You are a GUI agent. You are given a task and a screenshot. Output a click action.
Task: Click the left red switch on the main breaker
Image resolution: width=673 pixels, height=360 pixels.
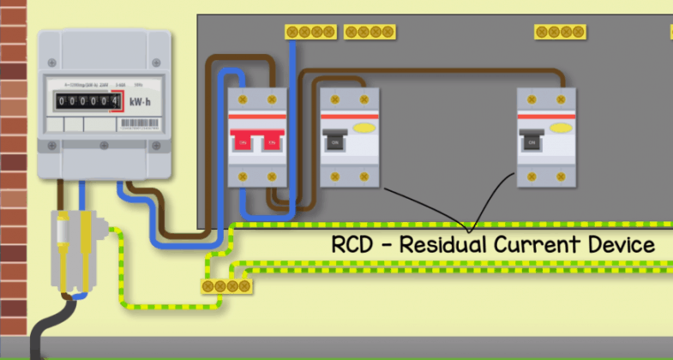[x=242, y=141]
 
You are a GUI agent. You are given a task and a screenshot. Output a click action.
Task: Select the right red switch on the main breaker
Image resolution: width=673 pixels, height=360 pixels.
[x=273, y=141]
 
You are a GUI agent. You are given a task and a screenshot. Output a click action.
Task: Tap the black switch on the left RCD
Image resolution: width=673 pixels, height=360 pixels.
[x=333, y=141]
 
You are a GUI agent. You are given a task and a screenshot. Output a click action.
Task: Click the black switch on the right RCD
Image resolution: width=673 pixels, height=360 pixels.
[x=532, y=141]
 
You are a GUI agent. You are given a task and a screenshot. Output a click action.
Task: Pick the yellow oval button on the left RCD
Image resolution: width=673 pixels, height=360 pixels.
[x=364, y=129]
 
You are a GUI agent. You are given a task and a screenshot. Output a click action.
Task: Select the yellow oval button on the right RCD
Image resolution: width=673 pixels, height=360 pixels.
[x=562, y=129]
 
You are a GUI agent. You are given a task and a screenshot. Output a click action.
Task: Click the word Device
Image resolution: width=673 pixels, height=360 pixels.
[x=624, y=245]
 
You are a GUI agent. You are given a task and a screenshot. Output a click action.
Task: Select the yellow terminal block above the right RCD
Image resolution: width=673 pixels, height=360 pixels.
[x=561, y=32]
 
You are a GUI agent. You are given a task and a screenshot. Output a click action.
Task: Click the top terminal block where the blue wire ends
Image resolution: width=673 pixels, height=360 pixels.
[x=309, y=32]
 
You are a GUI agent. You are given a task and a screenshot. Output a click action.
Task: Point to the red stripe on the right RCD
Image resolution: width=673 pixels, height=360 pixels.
[x=546, y=116]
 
